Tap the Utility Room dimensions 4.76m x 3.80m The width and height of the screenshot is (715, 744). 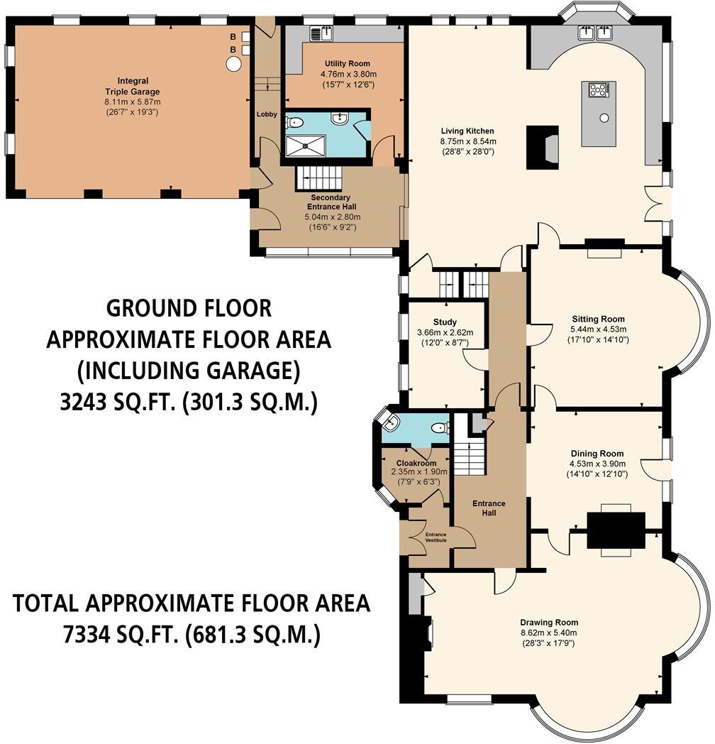pos(348,74)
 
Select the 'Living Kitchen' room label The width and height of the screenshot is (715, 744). pos(467,131)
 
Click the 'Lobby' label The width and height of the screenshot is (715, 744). pos(267,114)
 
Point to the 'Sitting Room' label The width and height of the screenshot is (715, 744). pos(598,319)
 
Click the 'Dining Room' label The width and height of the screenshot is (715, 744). pos(597,454)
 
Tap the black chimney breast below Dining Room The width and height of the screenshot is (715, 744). pos(616,530)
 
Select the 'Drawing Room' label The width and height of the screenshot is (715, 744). pos(548,622)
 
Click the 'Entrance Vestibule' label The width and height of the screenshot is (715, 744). pos(436,537)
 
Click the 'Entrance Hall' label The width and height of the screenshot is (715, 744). pos(489,508)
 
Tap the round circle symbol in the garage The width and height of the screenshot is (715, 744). pos(233,64)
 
